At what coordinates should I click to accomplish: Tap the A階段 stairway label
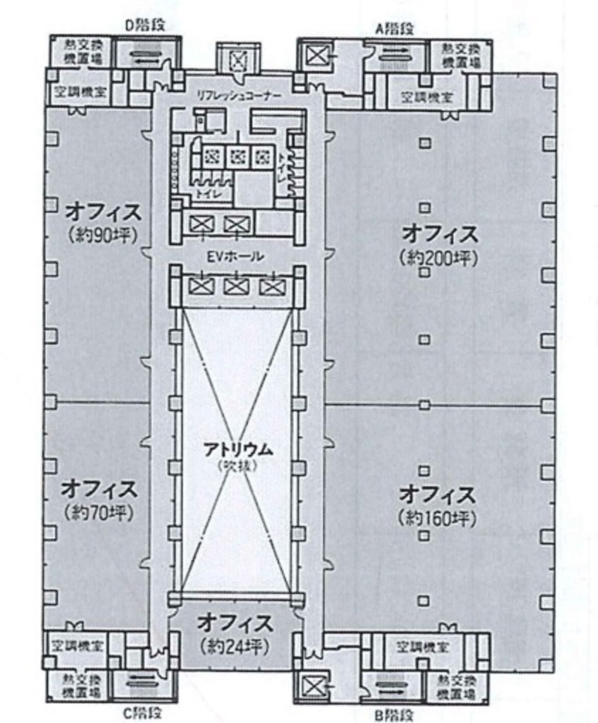pos(395,28)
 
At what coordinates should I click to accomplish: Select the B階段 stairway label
pos(394,716)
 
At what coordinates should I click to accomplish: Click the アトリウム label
pos(238,449)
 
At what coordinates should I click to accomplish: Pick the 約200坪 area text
pos(438,257)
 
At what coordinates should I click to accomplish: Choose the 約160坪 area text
pos(437,519)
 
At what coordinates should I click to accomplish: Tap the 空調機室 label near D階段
pos(77,93)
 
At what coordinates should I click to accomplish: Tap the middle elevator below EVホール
pos(234,286)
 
